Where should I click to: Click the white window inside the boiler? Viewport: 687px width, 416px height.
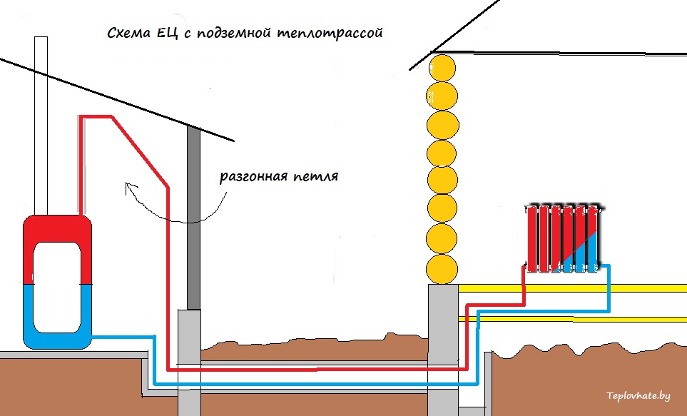click(x=57, y=285)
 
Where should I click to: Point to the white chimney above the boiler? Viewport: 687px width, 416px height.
click(x=41, y=121)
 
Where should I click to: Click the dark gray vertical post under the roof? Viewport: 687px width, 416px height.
click(x=193, y=214)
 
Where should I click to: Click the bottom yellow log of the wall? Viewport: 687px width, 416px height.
click(x=442, y=268)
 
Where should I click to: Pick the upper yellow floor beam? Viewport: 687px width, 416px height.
click(x=571, y=288)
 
